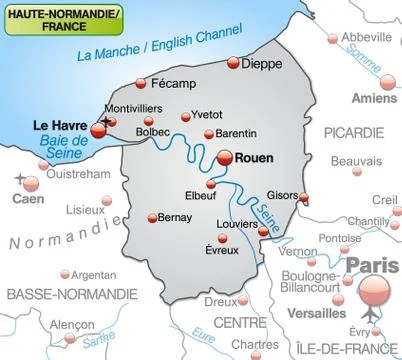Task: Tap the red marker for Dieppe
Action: pyautogui.click(x=235, y=63)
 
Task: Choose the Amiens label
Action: pyautogui.click(x=375, y=98)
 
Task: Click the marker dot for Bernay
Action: pyautogui.click(x=152, y=217)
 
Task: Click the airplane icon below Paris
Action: pyautogui.click(x=372, y=316)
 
